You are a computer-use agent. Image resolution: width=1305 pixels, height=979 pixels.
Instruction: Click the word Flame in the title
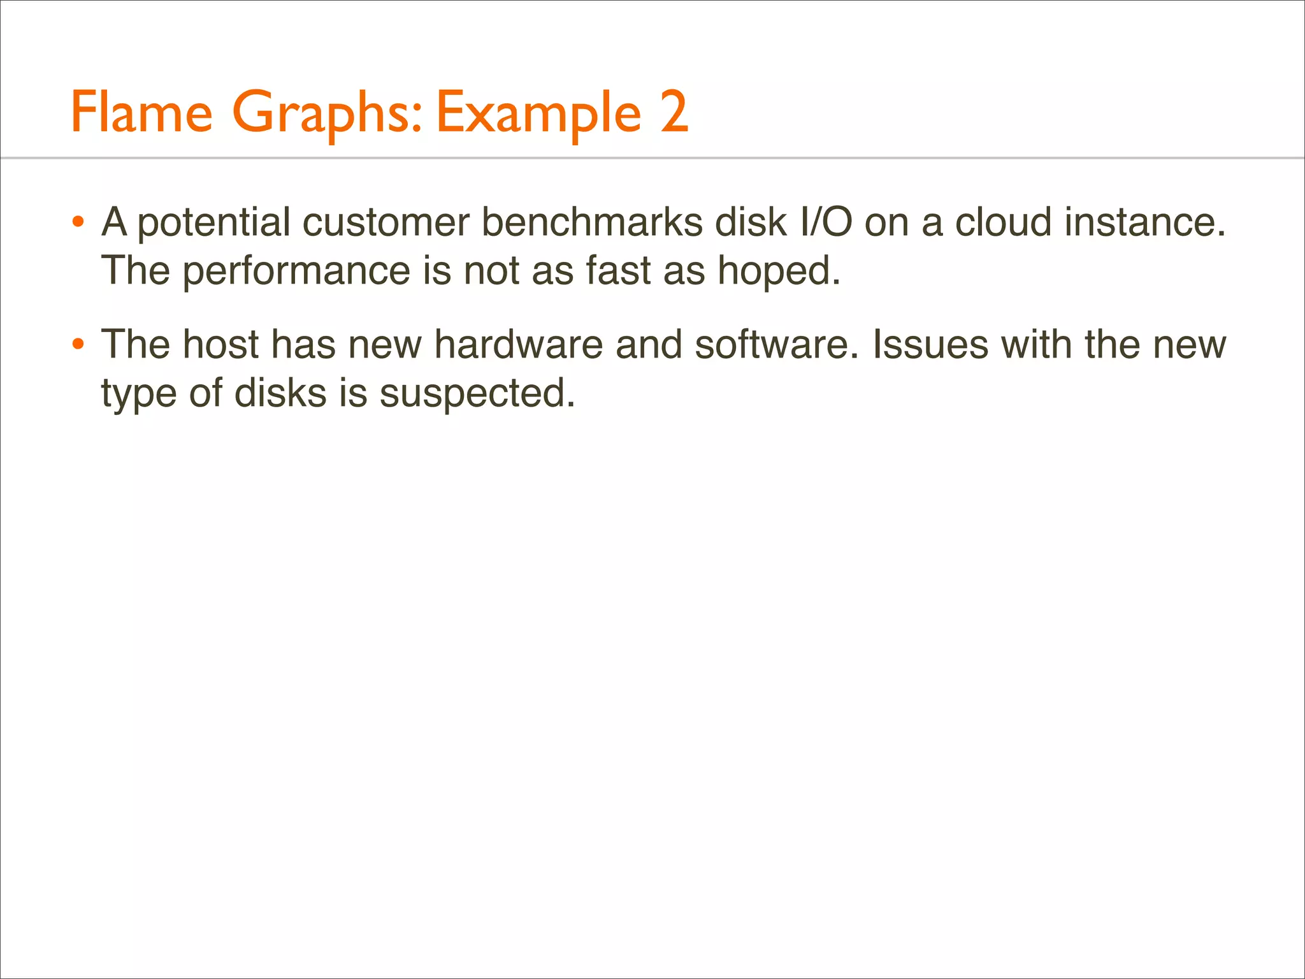[141, 113]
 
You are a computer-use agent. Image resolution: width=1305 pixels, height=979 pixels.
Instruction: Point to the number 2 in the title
[674, 113]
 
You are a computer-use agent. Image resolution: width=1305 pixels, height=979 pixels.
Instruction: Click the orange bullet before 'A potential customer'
[78, 223]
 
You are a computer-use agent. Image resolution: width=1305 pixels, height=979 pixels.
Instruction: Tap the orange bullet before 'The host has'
[78, 345]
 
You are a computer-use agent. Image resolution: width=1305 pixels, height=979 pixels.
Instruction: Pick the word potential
[213, 223]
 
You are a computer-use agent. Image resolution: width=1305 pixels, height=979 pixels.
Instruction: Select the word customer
[386, 223]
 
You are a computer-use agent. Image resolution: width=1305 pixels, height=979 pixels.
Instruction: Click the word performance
[296, 272]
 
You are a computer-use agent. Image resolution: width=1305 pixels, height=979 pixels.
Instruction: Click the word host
[220, 345]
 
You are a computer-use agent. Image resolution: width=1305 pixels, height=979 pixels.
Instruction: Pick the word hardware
[518, 345]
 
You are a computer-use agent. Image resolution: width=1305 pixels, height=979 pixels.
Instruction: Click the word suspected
[477, 394]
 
